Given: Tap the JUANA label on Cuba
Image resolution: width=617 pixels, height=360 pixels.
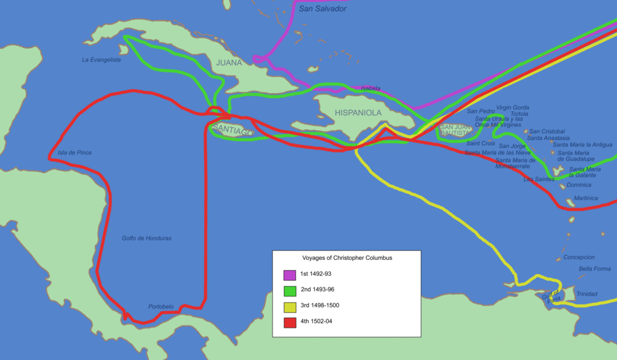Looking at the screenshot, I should [x=229, y=63].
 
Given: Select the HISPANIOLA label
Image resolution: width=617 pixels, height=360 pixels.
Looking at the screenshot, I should [x=358, y=113].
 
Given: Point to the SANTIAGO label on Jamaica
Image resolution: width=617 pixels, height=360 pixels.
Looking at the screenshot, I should [x=232, y=132].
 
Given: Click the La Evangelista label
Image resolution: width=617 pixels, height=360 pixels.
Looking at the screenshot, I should [x=101, y=60].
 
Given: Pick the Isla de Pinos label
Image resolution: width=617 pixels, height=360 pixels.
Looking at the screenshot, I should [x=75, y=153].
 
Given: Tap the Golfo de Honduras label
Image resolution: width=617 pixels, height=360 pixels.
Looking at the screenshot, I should [x=147, y=238].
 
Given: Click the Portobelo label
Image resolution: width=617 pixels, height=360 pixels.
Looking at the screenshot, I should [x=161, y=306].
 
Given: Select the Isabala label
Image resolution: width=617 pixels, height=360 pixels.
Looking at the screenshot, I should [x=371, y=88].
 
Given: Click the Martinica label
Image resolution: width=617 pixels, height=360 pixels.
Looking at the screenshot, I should [x=586, y=198].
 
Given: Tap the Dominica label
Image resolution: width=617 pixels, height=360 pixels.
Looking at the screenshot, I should [x=578, y=185].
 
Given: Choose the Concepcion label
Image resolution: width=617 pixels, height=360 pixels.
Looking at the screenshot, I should [x=579, y=257].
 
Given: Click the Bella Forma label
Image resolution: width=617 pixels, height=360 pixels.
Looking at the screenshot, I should [x=594, y=269].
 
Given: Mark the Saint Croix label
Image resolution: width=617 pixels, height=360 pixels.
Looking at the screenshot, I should [x=481, y=143].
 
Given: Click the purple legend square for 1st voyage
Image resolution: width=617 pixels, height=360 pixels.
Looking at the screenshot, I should [x=289, y=275].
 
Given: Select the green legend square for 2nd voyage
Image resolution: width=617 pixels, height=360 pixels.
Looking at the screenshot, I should [x=289, y=290].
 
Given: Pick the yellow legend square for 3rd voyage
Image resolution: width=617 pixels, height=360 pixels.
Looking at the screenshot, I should [x=289, y=306].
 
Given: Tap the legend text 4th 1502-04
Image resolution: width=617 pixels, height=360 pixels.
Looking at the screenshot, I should [x=317, y=322].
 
